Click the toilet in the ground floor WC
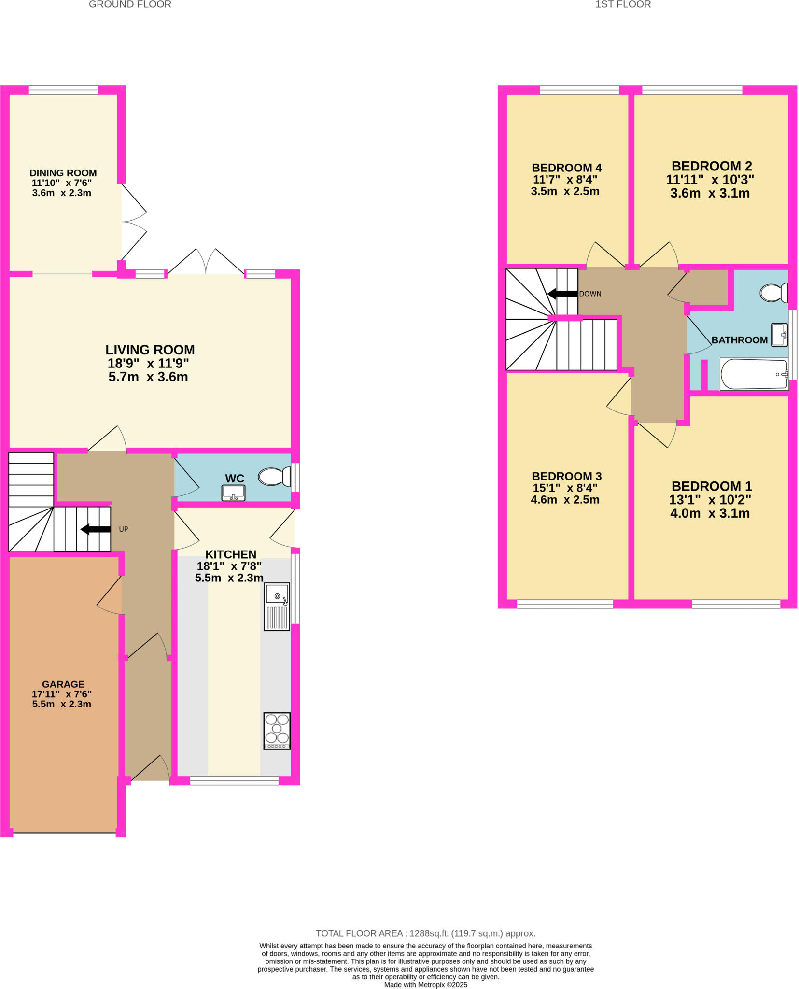273,477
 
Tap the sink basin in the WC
234,493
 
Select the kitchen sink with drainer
277,607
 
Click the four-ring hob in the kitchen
277,731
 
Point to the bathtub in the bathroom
754,374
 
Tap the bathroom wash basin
779,335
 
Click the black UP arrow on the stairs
96,529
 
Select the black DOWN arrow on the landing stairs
562,294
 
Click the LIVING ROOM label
150,350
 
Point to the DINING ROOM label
63,173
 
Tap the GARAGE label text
63,684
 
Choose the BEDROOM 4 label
566,168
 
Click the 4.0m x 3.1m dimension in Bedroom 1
710,513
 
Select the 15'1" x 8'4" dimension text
565,488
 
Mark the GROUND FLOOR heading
130,5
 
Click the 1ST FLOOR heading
623,5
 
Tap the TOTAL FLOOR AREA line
425,933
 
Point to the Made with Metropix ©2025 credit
425,985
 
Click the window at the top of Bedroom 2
692,90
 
